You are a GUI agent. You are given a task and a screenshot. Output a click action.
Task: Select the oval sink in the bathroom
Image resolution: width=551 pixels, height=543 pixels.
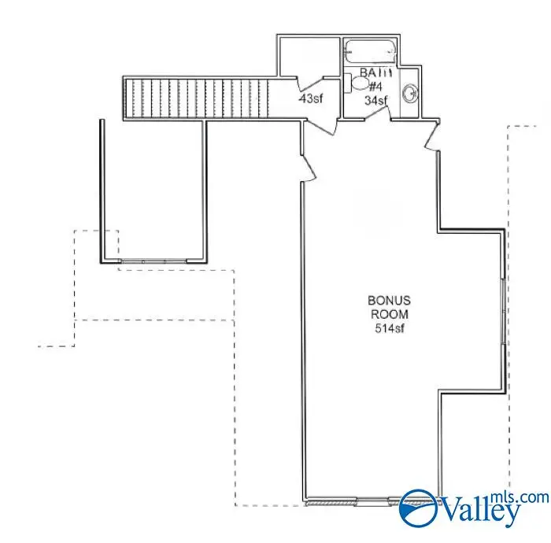pos(410,94)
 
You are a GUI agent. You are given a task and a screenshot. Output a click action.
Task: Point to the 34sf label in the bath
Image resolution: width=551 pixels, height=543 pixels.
pos(376,100)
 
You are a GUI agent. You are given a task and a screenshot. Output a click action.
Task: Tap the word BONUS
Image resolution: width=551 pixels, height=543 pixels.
pos(390,301)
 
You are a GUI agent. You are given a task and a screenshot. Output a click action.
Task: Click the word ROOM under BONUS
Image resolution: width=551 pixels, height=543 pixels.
pos(390,314)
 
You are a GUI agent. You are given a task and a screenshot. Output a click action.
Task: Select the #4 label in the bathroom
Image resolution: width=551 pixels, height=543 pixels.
pos(375,87)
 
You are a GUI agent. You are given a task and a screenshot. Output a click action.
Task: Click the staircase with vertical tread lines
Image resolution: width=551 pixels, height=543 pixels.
pos(201,98)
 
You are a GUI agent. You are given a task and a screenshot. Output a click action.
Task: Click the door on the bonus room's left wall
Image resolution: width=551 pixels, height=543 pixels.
pos(308,166)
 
